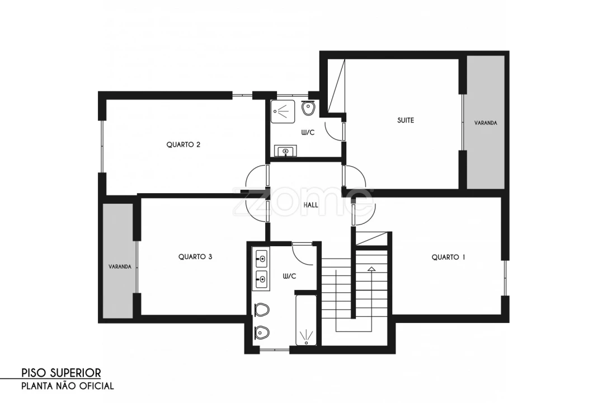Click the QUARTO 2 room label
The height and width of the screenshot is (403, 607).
(183, 145)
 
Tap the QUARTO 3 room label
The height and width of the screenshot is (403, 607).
(195, 257)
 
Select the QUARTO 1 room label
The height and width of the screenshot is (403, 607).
(448, 257)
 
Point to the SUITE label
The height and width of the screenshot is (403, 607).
(406, 120)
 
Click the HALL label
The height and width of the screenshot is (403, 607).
(311, 205)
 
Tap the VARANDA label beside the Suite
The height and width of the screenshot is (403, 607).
(486, 123)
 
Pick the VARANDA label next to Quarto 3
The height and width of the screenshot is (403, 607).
(120, 267)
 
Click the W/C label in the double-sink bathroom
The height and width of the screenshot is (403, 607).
(290, 276)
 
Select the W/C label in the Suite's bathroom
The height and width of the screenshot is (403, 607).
(308, 133)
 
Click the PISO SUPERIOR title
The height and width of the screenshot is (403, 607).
(61, 373)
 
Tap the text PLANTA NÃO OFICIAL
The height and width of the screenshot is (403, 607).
(67, 386)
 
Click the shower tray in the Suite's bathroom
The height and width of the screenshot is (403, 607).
(283, 111)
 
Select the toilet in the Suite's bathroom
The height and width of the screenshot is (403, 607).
(308, 108)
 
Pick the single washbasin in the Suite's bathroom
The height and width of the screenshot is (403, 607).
(286, 151)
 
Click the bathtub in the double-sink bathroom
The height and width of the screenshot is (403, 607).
(306, 321)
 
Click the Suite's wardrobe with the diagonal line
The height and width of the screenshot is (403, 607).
(336, 86)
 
